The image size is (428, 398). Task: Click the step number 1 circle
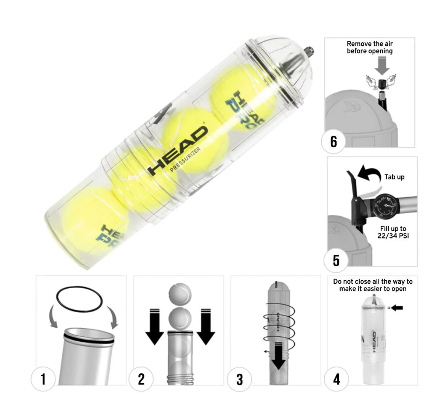click(x=43, y=379)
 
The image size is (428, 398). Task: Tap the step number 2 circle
click(x=141, y=379)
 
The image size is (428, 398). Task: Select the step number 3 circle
click(x=239, y=379)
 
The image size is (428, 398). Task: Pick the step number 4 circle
click(x=337, y=379)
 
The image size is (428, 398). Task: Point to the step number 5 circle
click(x=336, y=261)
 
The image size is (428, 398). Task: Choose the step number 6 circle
click(x=333, y=141)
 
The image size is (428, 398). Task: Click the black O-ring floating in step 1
click(x=79, y=298)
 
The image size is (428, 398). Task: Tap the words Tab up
click(x=394, y=177)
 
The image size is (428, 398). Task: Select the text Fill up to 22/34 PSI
click(x=393, y=232)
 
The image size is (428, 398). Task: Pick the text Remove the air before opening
click(x=369, y=48)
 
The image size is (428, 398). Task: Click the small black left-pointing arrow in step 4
click(x=397, y=308)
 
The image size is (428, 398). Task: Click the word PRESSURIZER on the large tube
click(x=185, y=160)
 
